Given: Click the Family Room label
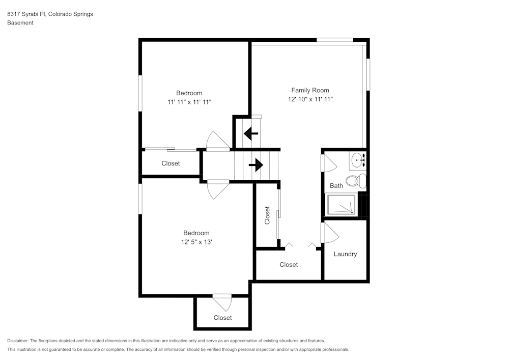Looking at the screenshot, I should point(310,90).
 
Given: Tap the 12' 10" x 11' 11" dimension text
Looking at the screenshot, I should point(310,99).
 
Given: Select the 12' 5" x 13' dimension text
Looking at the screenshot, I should point(196,242).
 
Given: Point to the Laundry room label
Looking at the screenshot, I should point(345,254).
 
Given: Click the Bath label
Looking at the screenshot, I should point(336,186).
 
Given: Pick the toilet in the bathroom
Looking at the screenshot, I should point(356,180).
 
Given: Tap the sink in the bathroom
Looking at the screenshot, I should point(358,160).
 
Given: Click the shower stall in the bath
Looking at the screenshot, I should point(342,205).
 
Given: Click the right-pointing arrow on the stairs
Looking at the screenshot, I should point(256,165).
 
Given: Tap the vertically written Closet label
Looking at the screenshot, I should point(267,215).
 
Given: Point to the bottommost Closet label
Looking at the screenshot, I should point(222,318).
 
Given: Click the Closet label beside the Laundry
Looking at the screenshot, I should point(289,265).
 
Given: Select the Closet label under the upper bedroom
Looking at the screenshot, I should point(171,163).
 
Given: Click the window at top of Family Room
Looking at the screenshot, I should point(335,40).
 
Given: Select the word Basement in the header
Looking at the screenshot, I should point(20,23).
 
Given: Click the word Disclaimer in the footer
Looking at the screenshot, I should point(18,341).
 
